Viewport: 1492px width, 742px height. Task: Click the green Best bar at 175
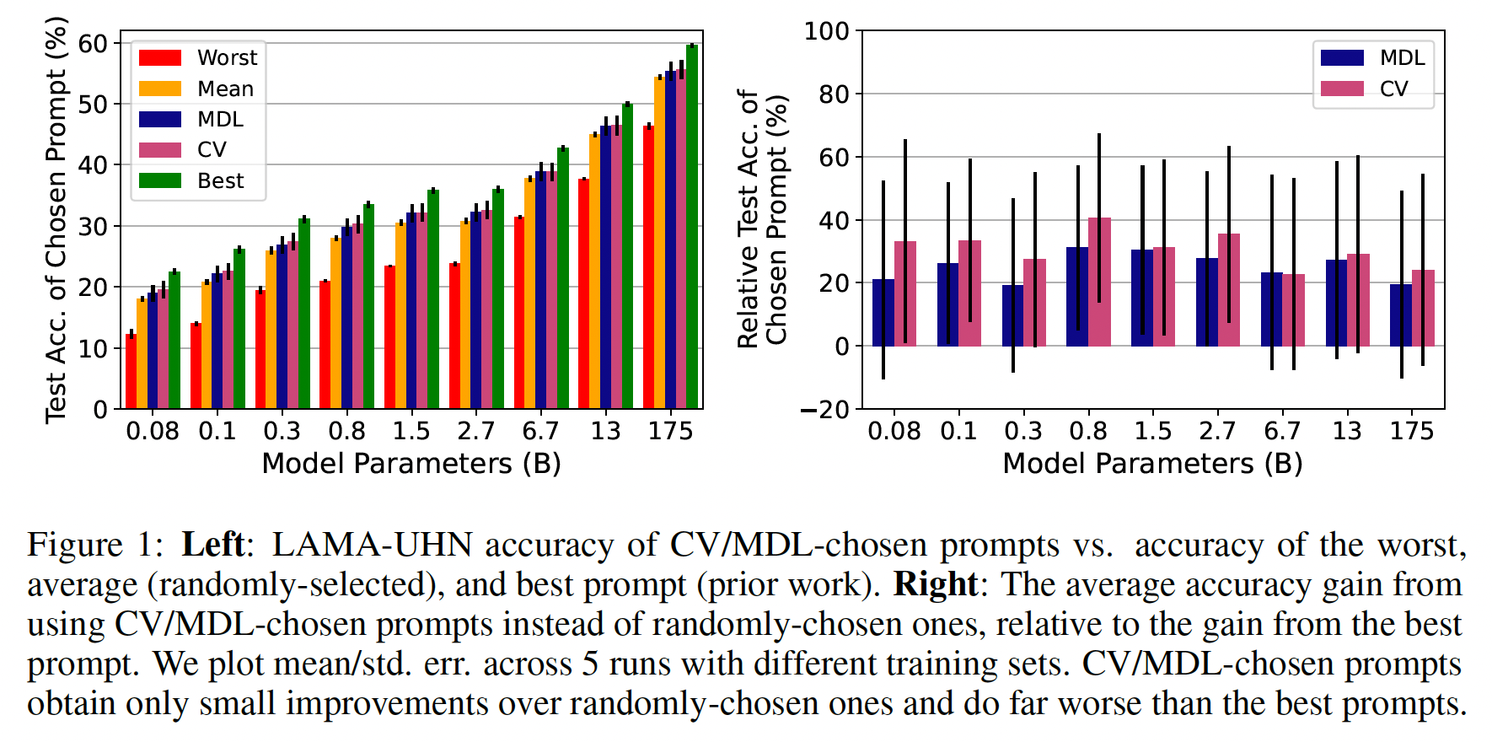(692, 228)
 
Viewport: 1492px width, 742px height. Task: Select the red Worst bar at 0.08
(131, 372)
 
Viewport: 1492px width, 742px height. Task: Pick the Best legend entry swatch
(160, 180)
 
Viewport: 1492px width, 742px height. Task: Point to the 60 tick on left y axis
(93, 43)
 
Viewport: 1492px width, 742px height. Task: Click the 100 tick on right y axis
(826, 31)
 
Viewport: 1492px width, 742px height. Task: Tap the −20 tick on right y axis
(825, 410)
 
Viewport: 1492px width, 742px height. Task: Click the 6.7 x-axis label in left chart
(540, 431)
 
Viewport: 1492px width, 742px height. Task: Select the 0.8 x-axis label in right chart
(1087, 431)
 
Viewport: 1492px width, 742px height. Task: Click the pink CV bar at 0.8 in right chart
(1099, 282)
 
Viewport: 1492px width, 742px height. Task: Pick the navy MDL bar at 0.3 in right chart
(1012, 315)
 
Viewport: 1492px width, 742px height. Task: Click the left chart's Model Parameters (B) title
(411, 464)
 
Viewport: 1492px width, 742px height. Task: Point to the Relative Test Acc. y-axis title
(762, 219)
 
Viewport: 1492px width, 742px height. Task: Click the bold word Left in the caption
(213, 545)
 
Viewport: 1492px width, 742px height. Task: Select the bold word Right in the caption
(935, 584)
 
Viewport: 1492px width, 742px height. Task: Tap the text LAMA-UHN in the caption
(372, 545)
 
